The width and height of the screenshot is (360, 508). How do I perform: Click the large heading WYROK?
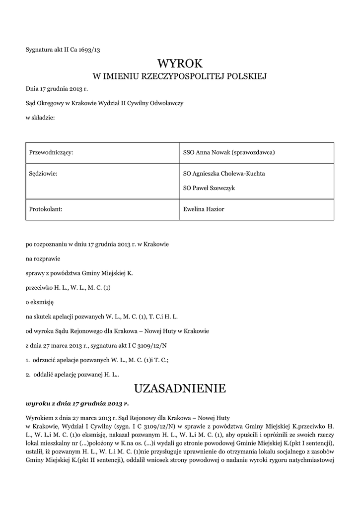(x=180, y=63)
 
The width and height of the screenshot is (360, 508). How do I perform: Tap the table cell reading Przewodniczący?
(x=52, y=152)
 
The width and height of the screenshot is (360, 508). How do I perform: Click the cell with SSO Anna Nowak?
(x=229, y=152)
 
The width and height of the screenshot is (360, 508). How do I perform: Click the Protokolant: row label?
(x=46, y=209)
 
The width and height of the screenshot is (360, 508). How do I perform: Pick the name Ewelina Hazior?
(x=204, y=209)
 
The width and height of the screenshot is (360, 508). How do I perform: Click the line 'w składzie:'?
(x=40, y=118)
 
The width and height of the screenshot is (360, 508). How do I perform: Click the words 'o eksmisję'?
(x=39, y=302)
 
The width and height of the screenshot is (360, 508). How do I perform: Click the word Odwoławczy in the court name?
(x=167, y=103)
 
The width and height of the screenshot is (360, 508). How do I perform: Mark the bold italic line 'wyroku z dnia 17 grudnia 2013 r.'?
(x=77, y=404)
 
